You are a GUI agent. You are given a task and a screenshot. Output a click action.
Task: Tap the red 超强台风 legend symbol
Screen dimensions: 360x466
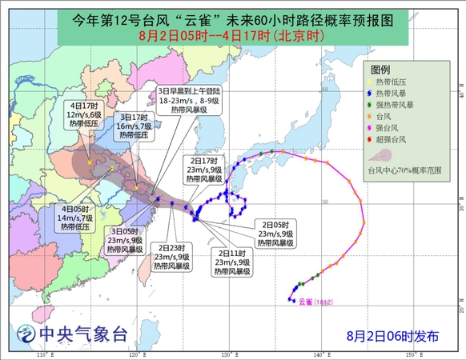pyautogui.click(x=372, y=140)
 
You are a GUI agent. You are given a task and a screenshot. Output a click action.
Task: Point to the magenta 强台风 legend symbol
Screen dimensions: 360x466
pyautogui.click(x=372, y=128)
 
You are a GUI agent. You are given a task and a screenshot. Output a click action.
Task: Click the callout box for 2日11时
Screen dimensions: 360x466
pyautogui.click(x=234, y=262)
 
